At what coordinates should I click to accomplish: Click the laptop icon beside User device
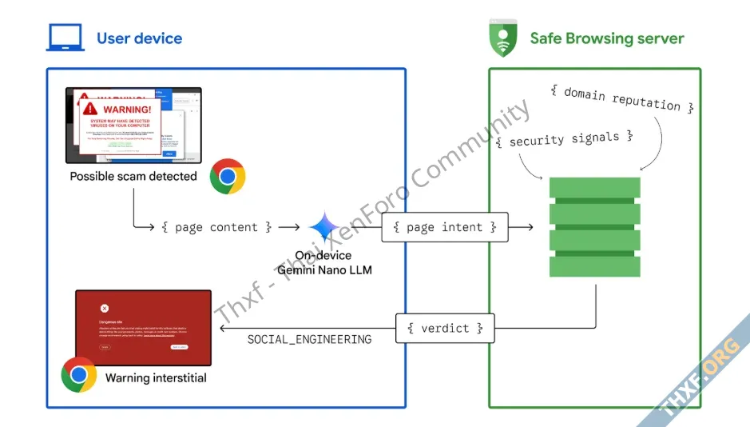coord(65,38)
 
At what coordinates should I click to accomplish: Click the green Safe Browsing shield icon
coord(502,38)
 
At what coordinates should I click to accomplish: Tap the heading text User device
coord(139,38)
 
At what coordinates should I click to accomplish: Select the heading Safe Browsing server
coord(607,38)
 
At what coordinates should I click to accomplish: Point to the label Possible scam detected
coord(133,176)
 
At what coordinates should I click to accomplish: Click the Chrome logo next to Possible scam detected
coord(228,177)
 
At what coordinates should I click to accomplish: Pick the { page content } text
coord(216,227)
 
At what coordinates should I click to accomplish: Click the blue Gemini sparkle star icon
coord(324,228)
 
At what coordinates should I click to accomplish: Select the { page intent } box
coord(445,227)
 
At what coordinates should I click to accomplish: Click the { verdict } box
coord(445,328)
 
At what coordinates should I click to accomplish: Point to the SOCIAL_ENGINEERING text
coord(309,339)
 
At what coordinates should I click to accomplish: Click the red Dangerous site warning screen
coord(143,327)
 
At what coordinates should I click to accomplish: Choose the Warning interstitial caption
coord(156,377)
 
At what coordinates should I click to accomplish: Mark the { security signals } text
coord(564,139)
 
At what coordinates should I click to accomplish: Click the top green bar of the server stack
coord(594,187)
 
